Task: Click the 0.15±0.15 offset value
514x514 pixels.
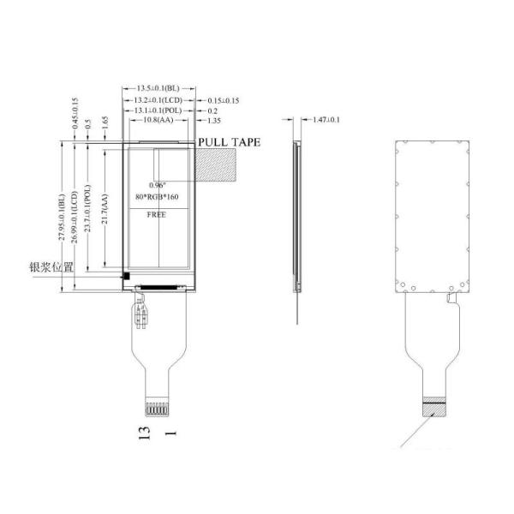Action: [x=222, y=100]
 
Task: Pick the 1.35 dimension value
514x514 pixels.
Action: [x=213, y=122]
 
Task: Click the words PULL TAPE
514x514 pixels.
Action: [x=229, y=142]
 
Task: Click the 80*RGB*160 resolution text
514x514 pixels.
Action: [x=158, y=199]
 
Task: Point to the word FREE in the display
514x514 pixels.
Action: [x=158, y=216]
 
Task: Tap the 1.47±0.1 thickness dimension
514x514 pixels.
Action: [x=326, y=119]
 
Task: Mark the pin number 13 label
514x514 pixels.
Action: [x=146, y=433]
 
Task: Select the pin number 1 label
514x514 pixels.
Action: [x=175, y=433]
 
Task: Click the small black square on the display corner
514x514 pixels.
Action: [x=126, y=276]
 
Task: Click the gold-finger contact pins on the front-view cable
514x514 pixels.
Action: [x=158, y=405]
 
